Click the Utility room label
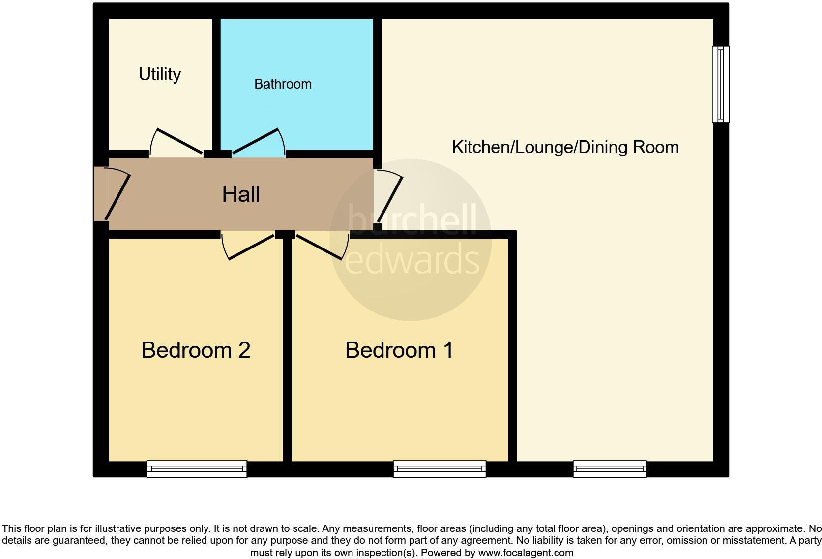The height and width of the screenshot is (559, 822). pyautogui.click(x=160, y=74)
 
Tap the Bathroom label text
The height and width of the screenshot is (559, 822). pyautogui.click(x=283, y=84)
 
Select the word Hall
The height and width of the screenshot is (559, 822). pyautogui.click(x=240, y=194)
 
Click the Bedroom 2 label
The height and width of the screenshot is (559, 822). pyautogui.click(x=196, y=350)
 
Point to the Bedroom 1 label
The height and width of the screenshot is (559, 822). pyautogui.click(x=399, y=350)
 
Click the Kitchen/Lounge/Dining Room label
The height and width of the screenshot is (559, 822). pyautogui.click(x=565, y=147)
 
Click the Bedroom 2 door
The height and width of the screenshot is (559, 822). pyautogui.click(x=249, y=247)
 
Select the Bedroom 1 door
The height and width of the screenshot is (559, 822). pyautogui.click(x=320, y=247)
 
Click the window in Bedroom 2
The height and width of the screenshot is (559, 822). pyautogui.click(x=197, y=469)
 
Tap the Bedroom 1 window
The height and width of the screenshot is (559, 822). pyautogui.click(x=440, y=469)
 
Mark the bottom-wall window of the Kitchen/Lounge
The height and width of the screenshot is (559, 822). pyautogui.click(x=610, y=469)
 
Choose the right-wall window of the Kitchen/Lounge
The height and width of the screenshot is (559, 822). pyautogui.click(x=721, y=84)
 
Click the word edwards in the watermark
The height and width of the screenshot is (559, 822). pyautogui.click(x=412, y=260)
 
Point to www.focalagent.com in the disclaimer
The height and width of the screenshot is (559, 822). pyautogui.click(x=526, y=553)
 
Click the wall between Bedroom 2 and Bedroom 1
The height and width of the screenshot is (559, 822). pyautogui.click(x=287, y=349)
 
